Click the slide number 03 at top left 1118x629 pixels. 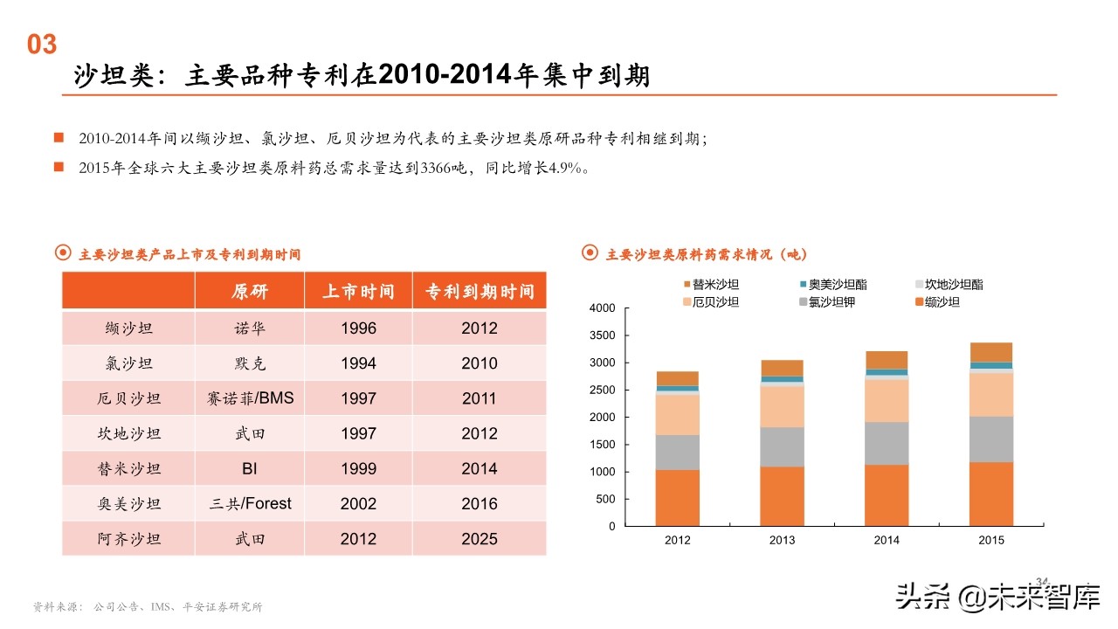(42, 45)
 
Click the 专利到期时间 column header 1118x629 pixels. (480, 291)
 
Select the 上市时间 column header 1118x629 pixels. (358, 291)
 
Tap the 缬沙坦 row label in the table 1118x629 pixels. (128, 328)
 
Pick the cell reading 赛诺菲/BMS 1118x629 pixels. (250, 398)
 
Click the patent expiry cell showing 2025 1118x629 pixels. (480, 539)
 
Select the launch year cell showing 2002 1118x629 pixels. (358, 504)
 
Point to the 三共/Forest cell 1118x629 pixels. (250, 504)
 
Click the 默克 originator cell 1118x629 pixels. (250, 363)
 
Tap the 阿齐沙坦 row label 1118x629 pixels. (128, 539)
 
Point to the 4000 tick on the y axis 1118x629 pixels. (603, 308)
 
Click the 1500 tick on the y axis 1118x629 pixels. (603, 445)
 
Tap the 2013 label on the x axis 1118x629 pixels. (782, 540)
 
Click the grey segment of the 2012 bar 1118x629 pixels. (677, 453)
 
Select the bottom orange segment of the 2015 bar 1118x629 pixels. (991, 494)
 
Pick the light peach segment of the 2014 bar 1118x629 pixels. (887, 401)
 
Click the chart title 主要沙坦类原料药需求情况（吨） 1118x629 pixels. (706, 254)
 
